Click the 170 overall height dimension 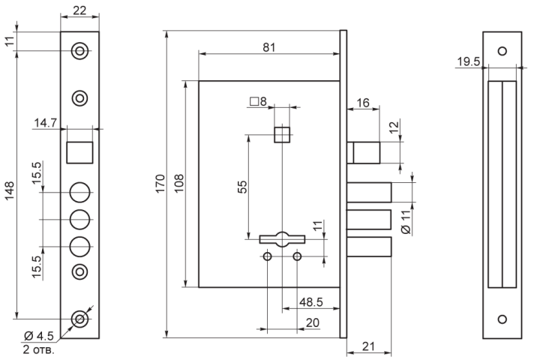160,183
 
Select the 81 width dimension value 268,47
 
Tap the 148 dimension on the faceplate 9,190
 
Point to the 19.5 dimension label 468,61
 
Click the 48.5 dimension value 311,302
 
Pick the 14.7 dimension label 45,122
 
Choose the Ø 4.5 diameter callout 39,337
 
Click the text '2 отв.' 38,349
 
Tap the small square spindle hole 282,135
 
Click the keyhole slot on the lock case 282,239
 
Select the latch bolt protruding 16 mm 364,153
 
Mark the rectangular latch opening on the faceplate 79,152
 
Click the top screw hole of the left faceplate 79,51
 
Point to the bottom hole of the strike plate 502,319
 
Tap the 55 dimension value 242,187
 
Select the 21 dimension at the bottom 368,346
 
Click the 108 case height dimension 179,183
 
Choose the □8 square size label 258,101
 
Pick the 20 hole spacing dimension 313,323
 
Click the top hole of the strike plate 502,51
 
